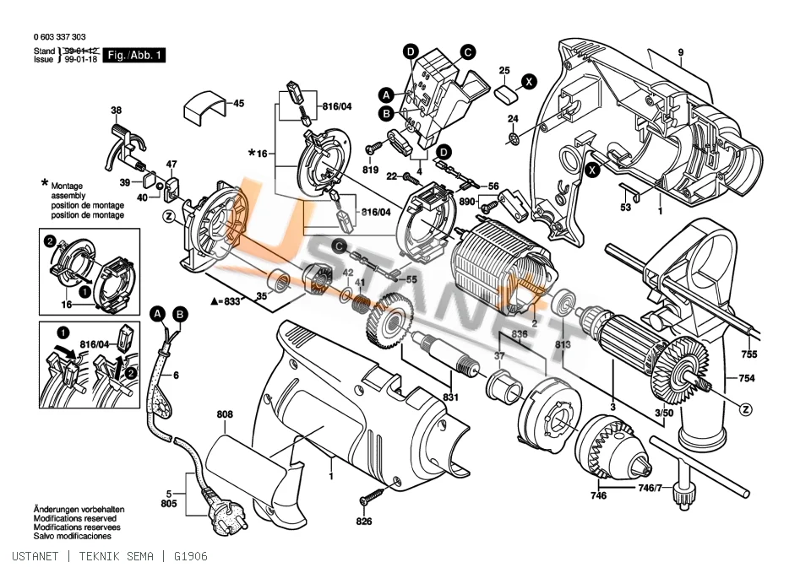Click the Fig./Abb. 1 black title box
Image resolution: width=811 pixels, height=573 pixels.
(x=134, y=56)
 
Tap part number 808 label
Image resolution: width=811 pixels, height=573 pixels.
(x=225, y=414)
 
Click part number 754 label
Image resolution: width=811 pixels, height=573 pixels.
(x=746, y=378)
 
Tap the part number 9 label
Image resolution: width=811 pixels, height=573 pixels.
(x=681, y=52)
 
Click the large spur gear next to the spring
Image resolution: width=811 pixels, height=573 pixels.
(x=389, y=320)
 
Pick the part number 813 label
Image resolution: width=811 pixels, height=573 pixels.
(x=563, y=344)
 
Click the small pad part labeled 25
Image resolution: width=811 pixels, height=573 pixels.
(x=505, y=95)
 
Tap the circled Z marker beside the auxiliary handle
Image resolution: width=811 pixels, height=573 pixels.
(x=745, y=410)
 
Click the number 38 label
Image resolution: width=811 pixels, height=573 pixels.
(x=117, y=110)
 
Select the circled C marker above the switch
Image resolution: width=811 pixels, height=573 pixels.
(x=467, y=52)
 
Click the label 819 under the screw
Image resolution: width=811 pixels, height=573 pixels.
(x=370, y=170)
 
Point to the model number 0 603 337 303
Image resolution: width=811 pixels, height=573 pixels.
(x=59, y=36)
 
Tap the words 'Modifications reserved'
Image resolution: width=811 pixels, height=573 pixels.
(x=75, y=518)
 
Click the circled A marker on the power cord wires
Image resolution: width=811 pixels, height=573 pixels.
(x=158, y=314)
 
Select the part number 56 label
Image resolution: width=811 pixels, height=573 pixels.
(x=493, y=186)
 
